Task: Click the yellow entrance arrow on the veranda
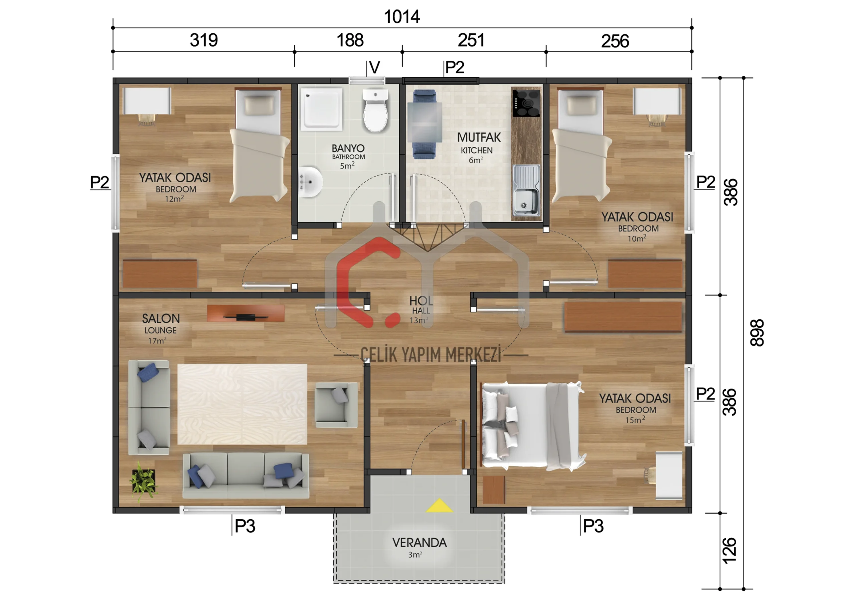tap(439, 506)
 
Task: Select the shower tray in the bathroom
tap(321, 109)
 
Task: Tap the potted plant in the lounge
tap(143, 481)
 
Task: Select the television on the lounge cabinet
tap(246, 317)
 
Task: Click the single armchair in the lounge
tap(336, 405)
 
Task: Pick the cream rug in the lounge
tap(242, 404)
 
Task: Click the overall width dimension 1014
tap(402, 17)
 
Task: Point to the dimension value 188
tap(350, 40)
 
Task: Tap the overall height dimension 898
tap(757, 333)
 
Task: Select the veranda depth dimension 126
tap(729, 550)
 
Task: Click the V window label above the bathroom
tap(375, 68)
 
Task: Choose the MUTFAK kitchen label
tap(479, 137)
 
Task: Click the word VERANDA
tap(420, 543)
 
